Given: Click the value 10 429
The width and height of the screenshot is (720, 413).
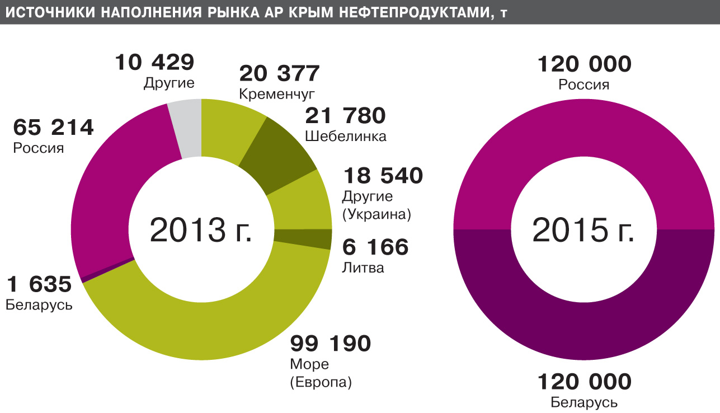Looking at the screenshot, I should [x=154, y=63].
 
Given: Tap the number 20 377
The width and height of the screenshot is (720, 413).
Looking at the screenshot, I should [x=279, y=73].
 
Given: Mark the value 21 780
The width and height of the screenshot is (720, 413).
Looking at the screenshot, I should [x=345, y=116].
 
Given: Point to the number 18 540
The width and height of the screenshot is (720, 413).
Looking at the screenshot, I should [x=383, y=176].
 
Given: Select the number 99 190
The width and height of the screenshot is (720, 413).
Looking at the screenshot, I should [x=330, y=344].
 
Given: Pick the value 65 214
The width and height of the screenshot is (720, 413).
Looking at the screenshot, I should [x=53, y=128].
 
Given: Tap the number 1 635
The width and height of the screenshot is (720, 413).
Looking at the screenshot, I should [x=39, y=285].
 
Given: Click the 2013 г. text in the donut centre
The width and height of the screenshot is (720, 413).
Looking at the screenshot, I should [x=201, y=231].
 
